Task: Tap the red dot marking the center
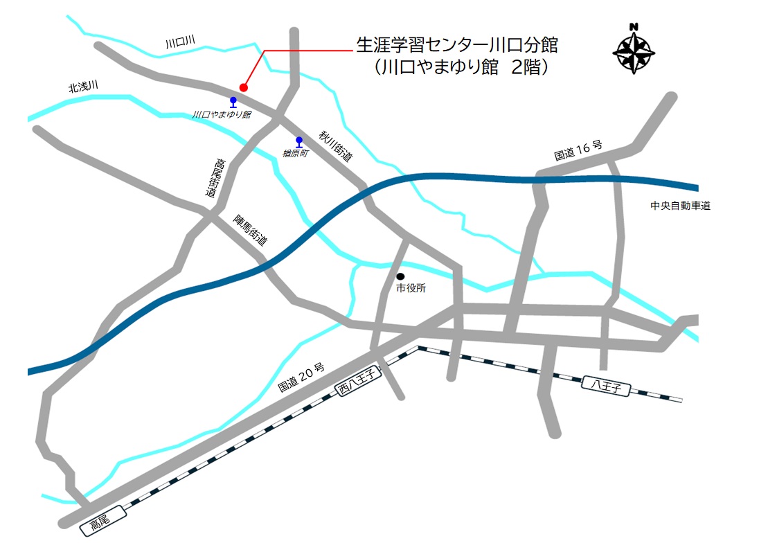pos(243,87)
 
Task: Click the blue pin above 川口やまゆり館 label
pos(233,103)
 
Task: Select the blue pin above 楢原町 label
pos(299,142)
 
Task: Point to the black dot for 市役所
pos(400,276)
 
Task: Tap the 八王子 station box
pos(606,385)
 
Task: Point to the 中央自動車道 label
pos(680,206)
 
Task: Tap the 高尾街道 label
pos(216,178)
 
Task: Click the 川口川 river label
pos(180,43)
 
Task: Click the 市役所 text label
pos(411,288)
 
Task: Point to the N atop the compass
pos(634,28)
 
